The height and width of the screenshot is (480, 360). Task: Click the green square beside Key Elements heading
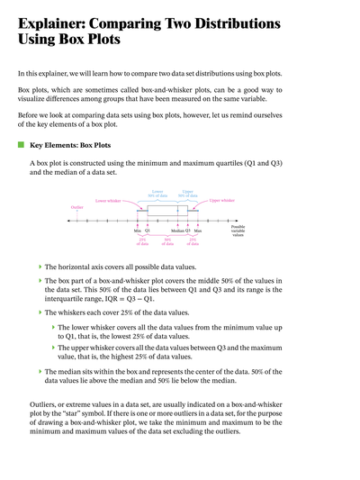point(21,143)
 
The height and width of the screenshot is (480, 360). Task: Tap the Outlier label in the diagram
point(77,206)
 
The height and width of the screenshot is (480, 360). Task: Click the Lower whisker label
point(108,200)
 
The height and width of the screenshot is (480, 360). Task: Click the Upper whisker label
point(221,200)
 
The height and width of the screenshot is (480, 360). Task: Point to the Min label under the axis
point(138,231)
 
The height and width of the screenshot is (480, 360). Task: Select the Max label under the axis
point(198,231)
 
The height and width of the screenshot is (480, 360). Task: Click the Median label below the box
point(177,231)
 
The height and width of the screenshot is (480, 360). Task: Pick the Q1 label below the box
point(148,231)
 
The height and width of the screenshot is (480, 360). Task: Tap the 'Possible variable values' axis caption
point(238,231)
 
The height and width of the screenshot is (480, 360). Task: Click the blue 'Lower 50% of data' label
point(157,193)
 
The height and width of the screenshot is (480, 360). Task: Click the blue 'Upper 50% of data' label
point(187,193)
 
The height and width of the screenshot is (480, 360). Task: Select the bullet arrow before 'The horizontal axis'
point(40,267)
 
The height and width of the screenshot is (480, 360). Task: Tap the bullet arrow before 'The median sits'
point(40,371)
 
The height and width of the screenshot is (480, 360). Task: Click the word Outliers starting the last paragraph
point(33,403)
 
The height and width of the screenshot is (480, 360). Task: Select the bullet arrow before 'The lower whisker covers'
point(52,328)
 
